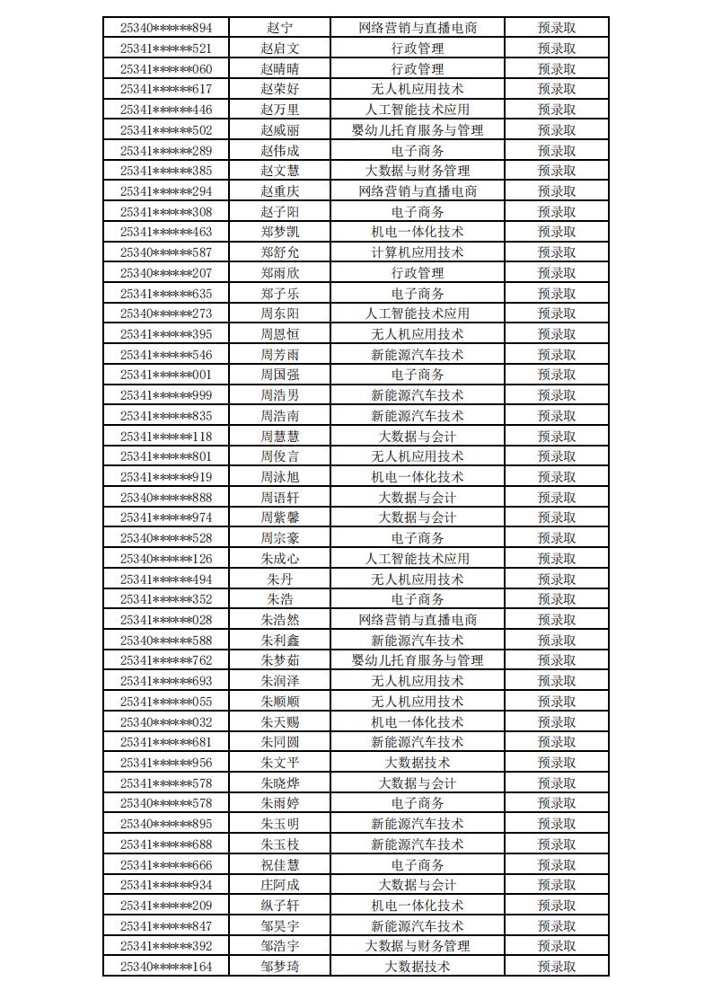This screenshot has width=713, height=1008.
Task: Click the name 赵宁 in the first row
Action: [x=279, y=28]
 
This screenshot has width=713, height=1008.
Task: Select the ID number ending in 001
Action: [x=166, y=375]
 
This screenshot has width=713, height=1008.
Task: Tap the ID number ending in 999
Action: [x=166, y=395]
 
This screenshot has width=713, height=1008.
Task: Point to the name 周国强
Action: [x=279, y=375]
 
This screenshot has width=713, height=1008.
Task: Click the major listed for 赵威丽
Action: [x=417, y=130]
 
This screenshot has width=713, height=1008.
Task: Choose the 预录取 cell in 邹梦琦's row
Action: [x=557, y=967]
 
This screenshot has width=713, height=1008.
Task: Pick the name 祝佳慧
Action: [x=279, y=864]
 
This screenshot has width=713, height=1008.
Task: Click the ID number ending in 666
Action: [x=166, y=864]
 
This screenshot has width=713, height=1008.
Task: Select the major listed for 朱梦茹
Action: [x=417, y=660]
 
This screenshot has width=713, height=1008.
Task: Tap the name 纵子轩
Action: [x=279, y=906]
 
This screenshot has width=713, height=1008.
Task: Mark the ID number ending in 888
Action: [x=166, y=498]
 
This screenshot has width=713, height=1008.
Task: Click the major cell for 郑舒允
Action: [x=417, y=252]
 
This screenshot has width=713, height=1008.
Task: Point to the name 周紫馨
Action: [x=279, y=517]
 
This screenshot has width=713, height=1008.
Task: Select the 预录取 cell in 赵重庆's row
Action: [x=557, y=191]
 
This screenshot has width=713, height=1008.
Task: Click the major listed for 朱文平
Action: [x=417, y=763]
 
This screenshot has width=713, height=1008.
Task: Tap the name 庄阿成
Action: [x=279, y=885]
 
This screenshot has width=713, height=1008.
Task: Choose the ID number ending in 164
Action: [x=166, y=967]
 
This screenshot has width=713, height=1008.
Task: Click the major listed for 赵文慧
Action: [x=417, y=171]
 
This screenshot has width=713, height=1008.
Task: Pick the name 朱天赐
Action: [x=279, y=721]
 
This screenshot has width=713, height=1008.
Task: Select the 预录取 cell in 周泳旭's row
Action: [x=557, y=477]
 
